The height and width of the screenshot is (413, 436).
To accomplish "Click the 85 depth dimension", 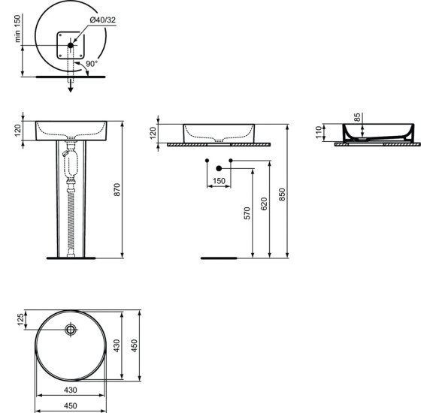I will click(356, 117).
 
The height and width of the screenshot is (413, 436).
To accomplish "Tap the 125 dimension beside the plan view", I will click(21, 319).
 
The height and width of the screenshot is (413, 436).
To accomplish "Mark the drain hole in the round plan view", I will click(71, 329).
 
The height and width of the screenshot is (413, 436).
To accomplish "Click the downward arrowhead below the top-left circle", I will click(71, 88).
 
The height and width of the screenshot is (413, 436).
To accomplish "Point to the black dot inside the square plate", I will click(71, 46).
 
